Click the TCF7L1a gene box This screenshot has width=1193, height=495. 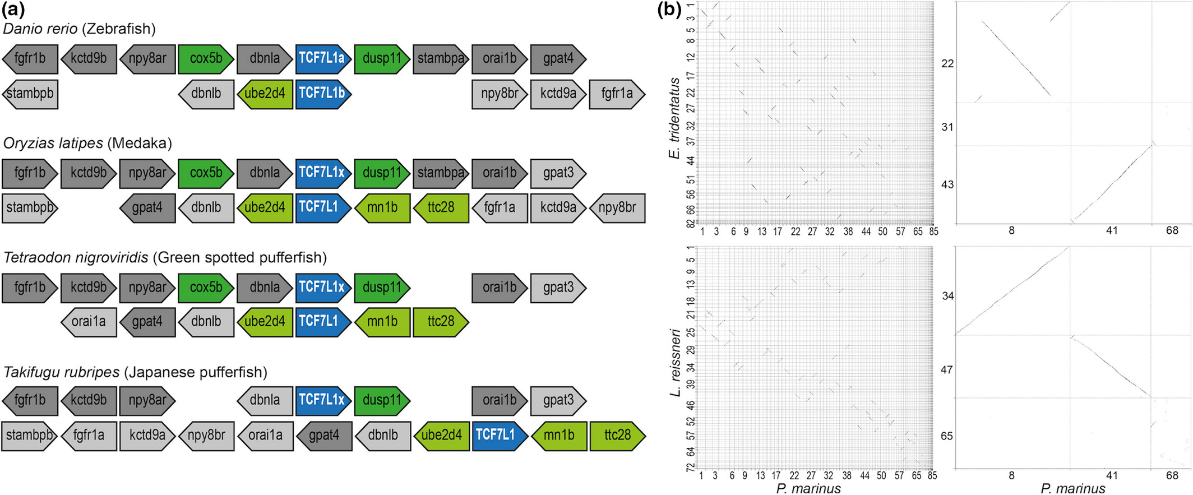click(x=323, y=59)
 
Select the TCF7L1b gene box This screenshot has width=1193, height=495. click(x=323, y=93)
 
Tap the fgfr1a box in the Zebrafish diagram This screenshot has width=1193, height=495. click(x=617, y=93)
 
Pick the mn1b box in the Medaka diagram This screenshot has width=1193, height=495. click(x=382, y=207)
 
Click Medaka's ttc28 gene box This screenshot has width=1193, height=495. click(x=441, y=207)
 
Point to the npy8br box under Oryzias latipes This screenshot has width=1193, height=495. click(x=617, y=207)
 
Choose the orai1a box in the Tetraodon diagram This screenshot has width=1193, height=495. click(x=89, y=322)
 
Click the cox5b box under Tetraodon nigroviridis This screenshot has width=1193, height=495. click(x=206, y=287)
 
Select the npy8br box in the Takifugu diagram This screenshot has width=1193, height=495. click(x=206, y=436)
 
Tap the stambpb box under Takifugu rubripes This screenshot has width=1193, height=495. click(x=29, y=436)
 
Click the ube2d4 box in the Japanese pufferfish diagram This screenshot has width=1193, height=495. click(x=441, y=436)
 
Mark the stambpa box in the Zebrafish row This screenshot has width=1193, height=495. click(x=441, y=59)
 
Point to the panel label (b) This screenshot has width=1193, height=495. click(x=669, y=10)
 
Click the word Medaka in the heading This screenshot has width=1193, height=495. click(x=141, y=143)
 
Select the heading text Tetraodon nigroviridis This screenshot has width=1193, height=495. click(x=76, y=257)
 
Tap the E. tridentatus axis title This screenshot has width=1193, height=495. click(x=674, y=118)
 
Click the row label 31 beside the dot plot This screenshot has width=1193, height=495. click(x=947, y=127)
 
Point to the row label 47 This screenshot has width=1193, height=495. click(x=947, y=370)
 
